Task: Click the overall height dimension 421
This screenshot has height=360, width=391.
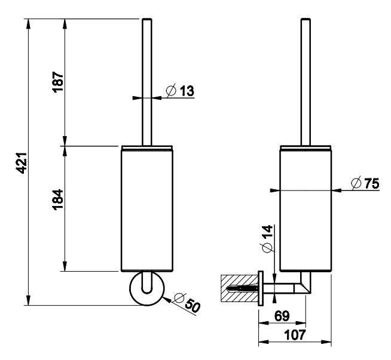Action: (x=21, y=162)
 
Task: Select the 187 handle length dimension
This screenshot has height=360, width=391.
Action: (x=59, y=82)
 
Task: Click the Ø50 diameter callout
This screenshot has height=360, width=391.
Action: (x=188, y=303)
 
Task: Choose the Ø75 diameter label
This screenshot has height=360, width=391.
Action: (x=365, y=184)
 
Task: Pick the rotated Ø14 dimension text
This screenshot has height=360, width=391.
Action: (x=266, y=238)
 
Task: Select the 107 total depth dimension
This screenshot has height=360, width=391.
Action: (x=294, y=335)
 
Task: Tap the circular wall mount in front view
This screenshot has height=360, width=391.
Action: (x=145, y=290)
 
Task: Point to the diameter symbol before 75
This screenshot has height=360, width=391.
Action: (x=356, y=184)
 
